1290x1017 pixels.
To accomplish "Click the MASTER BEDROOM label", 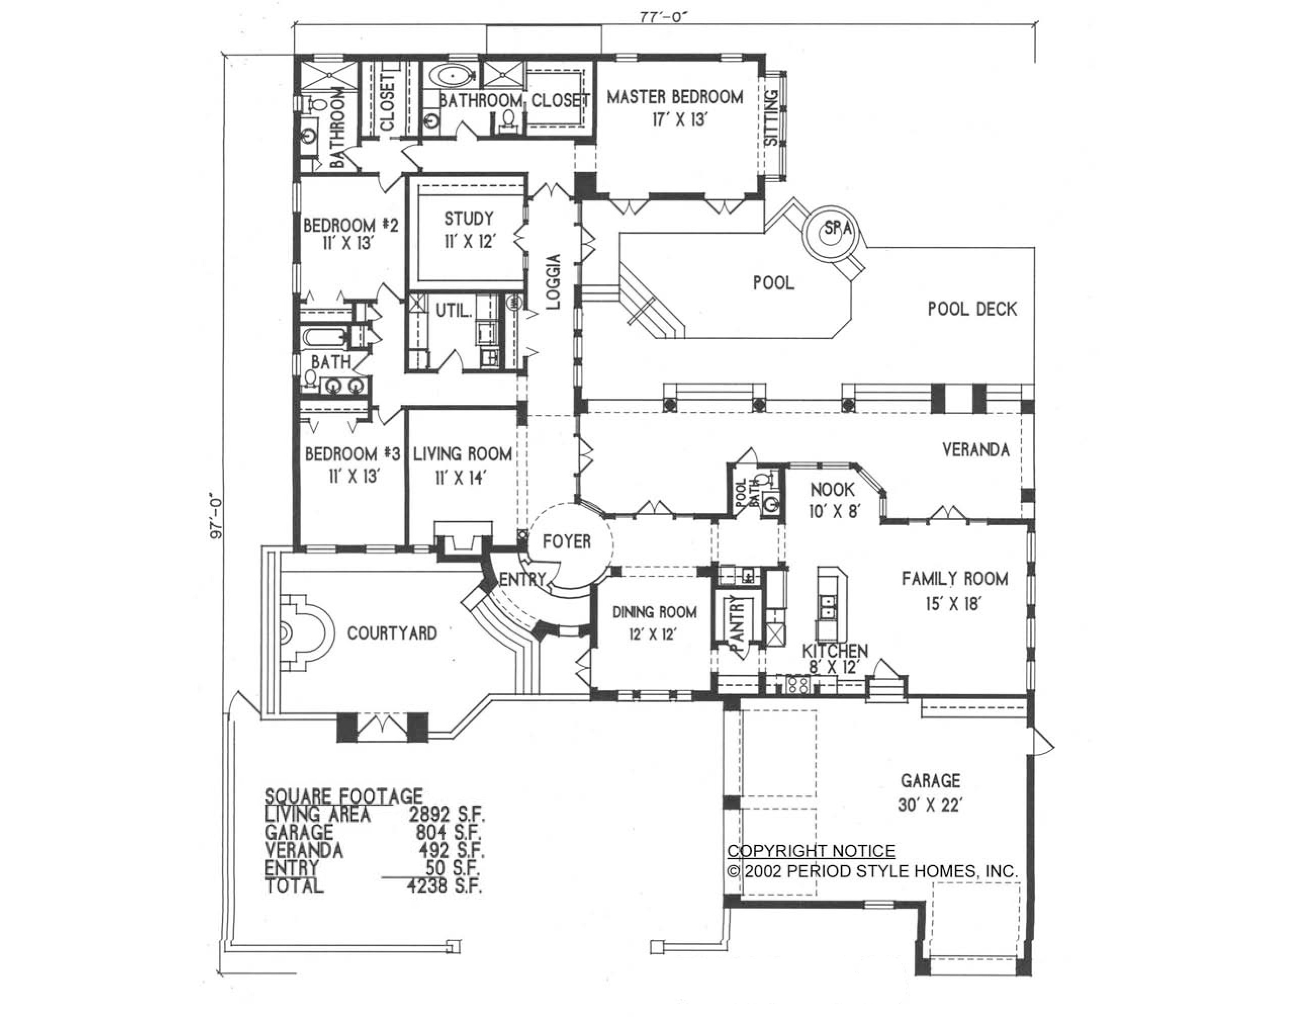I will point(674,97).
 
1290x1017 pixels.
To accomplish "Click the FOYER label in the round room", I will point(567,542).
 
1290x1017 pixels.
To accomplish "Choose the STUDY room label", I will point(468,219).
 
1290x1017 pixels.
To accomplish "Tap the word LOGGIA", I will point(553,281).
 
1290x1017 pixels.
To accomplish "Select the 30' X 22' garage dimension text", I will point(930,805).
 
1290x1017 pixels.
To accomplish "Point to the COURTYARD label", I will point(392,633).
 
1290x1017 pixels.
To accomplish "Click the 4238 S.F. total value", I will point(444,885).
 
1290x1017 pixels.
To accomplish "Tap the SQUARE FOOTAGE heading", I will point(343,796).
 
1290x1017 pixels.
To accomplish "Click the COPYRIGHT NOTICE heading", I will point(811,851).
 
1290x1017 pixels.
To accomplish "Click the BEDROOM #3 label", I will point(353,454).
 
